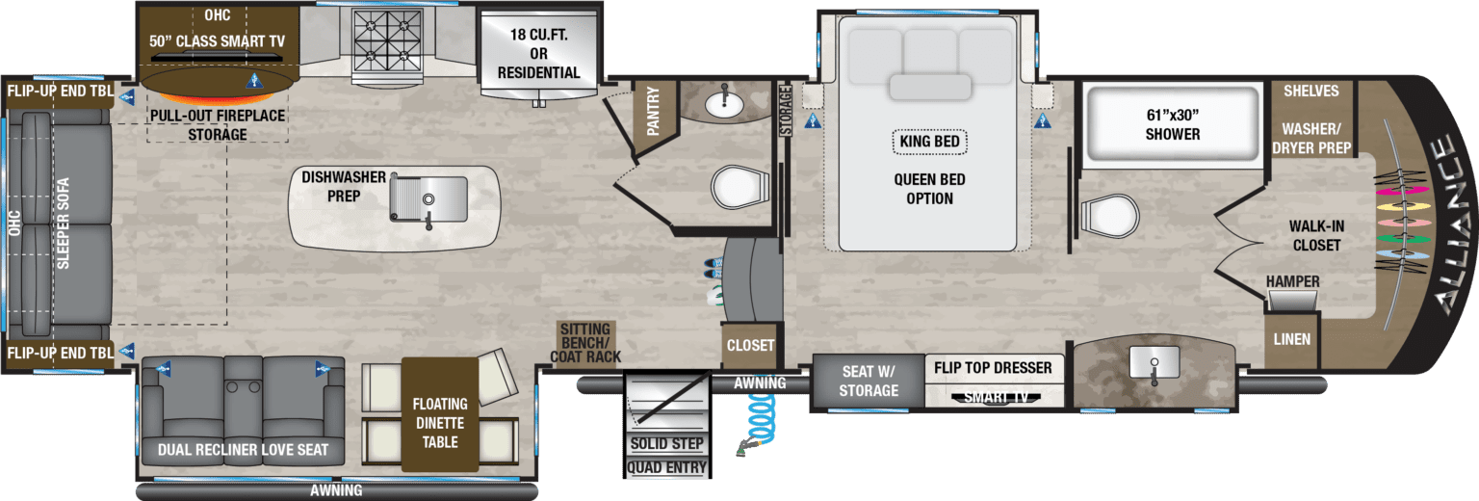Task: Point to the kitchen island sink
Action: pos(430,200)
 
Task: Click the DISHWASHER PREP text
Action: pos(344,187)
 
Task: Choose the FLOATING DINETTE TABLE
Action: pos(439,422)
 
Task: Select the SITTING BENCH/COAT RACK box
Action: pos(584,344)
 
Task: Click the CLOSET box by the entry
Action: pos(750,345)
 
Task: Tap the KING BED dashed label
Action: pos(929,142)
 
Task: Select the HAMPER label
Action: pos(1292,281)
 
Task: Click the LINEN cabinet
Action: pos(1291,339)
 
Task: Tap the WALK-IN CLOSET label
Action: pos(1316,235)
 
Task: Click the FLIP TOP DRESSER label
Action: pos(994,367)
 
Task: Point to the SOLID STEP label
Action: pos(666,444)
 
